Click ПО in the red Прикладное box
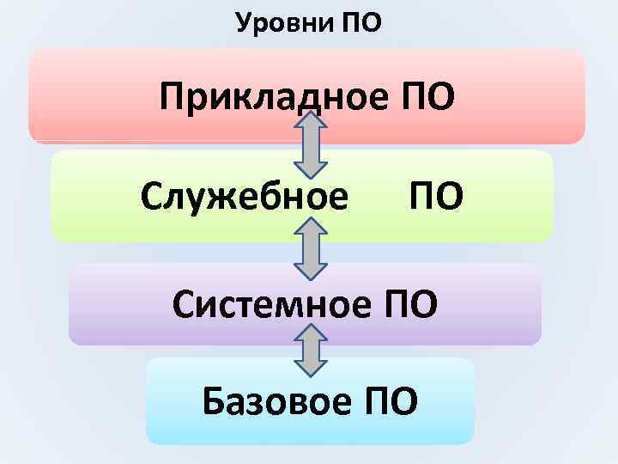coord(427,99)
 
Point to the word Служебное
coord(245,197)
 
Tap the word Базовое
coord(279,400)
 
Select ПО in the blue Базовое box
coord(392,400)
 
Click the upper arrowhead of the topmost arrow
coord(312,124)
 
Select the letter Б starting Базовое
coord(214,400)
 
